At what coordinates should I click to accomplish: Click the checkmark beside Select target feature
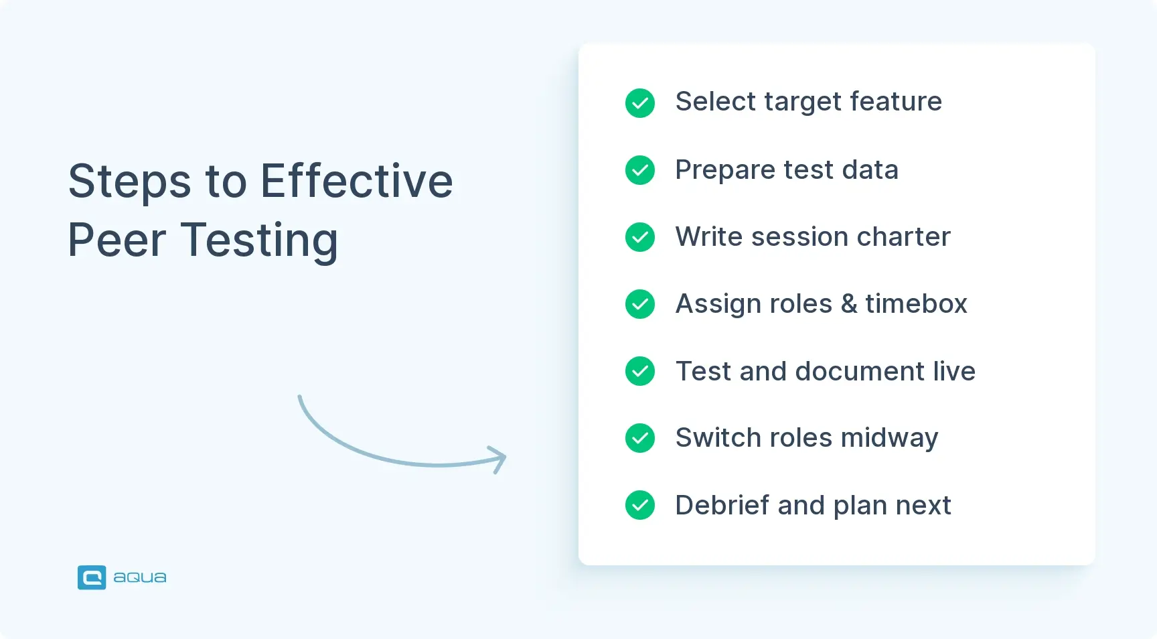click(640, 103)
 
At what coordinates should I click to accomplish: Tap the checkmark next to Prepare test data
click(640, 170)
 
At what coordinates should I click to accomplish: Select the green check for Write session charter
click(640, 237)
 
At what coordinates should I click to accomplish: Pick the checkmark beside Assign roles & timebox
click(640, 304)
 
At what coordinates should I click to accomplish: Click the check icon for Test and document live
click(640, 371)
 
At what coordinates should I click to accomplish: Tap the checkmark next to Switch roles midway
click(640, 438)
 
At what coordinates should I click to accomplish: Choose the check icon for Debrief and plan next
click(640, 505)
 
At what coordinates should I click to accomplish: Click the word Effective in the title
click(356, 181)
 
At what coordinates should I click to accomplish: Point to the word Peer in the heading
click(117, 240)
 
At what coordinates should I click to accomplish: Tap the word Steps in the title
click(130, 182)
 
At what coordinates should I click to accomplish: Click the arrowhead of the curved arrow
click(499, 459)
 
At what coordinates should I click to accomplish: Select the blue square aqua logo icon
click(92, 577)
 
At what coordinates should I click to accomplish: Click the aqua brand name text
click(140, 577)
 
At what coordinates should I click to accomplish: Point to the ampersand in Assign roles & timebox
click(849, 304)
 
